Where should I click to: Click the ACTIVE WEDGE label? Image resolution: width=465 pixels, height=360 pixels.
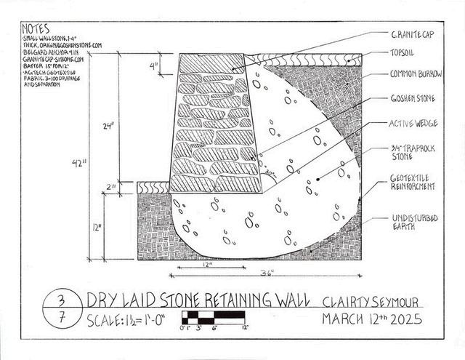pyautogui.click(x=411, y=123)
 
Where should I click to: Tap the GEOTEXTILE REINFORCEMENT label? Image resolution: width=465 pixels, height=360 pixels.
pyautogui.click(x=412, y=183)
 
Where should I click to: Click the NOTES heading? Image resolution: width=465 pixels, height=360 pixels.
pyautogui.click(x=34, y=30)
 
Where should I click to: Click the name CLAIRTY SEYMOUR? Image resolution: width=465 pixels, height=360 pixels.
pyautogui.click(x=370, y=300)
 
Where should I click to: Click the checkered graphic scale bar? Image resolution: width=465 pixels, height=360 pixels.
pyautogui.click(x=215, y=317)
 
